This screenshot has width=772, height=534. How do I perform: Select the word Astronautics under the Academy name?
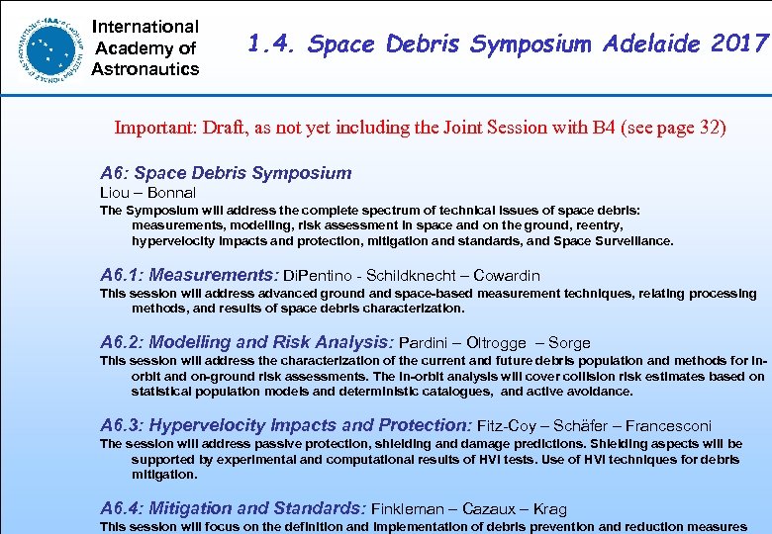145,69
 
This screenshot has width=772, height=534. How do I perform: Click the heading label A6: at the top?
117,173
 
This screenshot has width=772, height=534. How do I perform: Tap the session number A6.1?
122,275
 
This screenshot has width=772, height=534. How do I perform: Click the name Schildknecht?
409,276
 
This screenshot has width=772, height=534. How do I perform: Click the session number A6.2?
122,342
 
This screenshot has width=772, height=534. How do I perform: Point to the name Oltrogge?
497,343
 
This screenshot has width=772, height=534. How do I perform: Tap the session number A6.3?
122,425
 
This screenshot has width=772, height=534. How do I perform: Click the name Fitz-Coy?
511,426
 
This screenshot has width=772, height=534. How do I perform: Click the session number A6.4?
122,508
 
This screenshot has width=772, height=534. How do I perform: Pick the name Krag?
549,509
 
